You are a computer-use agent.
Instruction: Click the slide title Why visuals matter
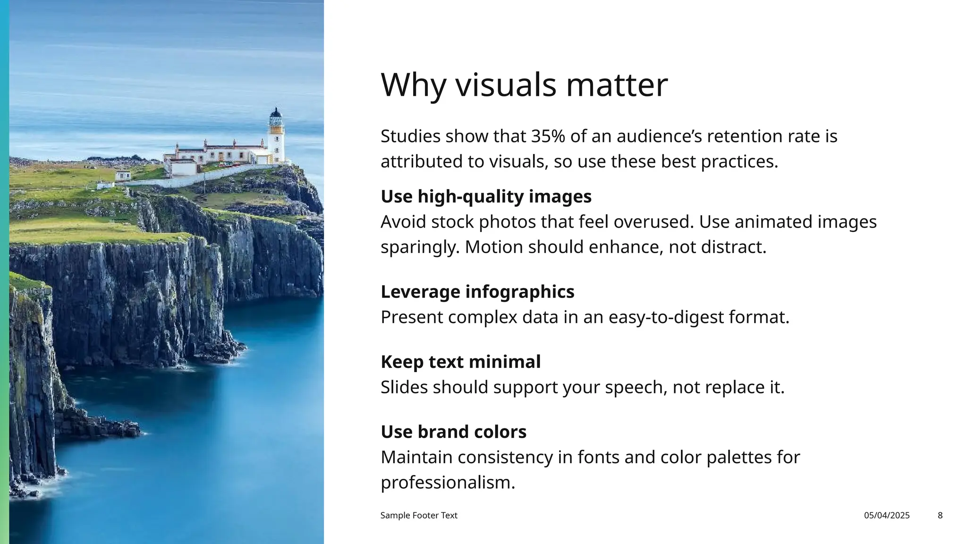pyautogui.click(x=524, y=85)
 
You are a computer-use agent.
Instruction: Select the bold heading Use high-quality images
pyautogui.click(x=486, y=196)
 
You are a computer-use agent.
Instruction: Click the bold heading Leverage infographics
pyautogui.click(x=477, y=292)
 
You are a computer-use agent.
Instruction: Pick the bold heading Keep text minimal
pyautogui.click(x=460, y=362)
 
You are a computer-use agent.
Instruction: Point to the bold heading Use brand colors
pyautogui.click(x=453, y=432)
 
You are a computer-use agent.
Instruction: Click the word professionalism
pyautogui.click(x=448, y=483)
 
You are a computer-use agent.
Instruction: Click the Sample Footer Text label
pyautogui.click(x=419, y=516)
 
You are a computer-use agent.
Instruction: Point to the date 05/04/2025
pyautogui.click(x=886, y=516)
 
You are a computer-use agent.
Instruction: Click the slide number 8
pyautogui.click(x=940, y=516)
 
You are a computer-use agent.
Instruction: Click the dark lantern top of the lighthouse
pyautogui.click(x=275, y=114)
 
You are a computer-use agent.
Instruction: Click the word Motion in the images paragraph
pyautogui.click(x=493, y=247)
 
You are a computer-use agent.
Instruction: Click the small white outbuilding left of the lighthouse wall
pyautogui.click(x=122, y=176)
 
